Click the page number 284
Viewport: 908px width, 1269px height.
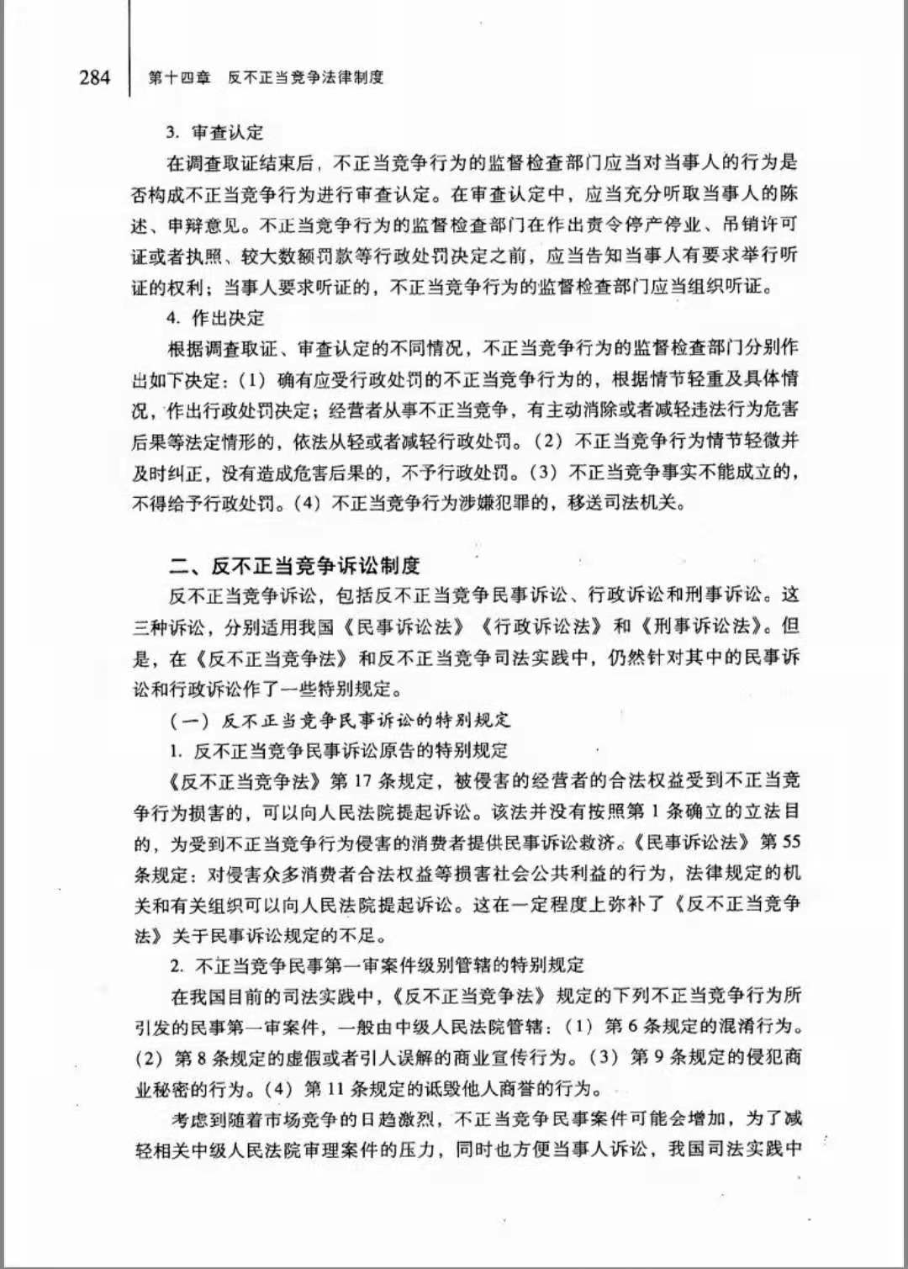tap(94, 78)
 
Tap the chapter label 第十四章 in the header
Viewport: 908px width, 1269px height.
tap(179, 78)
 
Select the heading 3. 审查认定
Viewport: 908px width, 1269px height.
tap(215, 133)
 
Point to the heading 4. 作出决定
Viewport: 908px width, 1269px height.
tap(215, 318)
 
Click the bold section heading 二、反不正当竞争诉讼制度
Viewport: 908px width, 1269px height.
tap(294, 565)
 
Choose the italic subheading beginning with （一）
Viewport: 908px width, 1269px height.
tap(340, 720)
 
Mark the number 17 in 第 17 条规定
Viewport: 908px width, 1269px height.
tap(362, 781)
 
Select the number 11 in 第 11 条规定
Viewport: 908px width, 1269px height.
tap(335, 1089)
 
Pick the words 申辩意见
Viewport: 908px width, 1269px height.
tap(202, 225)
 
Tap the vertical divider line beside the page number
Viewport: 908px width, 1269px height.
tap(129, 50)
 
